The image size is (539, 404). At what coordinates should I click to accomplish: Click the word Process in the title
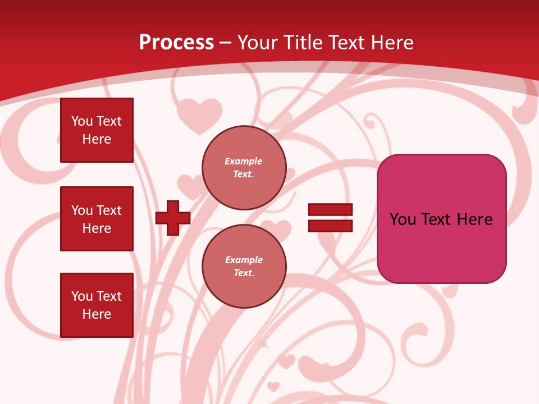[x=176, y=43]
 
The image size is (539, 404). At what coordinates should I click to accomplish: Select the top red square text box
[x=97, y=130]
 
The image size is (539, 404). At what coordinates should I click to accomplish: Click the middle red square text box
[x=97, y=219]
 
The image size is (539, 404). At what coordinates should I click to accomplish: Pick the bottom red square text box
[x=97, y=305]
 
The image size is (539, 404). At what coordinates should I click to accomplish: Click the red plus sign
[x=173, y=218]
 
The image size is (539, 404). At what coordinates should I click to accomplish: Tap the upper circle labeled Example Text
[x=244, y=168]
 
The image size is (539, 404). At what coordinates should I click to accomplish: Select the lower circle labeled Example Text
[x=244, y=267]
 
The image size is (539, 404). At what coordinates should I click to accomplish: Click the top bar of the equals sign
[x=330, y=209]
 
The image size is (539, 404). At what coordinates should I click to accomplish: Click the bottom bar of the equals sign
[x=330, y=226]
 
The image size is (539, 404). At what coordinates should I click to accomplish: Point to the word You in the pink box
[x=402, y=219]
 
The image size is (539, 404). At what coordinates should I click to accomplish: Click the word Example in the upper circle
[x=243, y=161]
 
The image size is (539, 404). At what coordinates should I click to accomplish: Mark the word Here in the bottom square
[x=97, y=314]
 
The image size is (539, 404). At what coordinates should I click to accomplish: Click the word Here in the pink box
[x=475, y=219]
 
